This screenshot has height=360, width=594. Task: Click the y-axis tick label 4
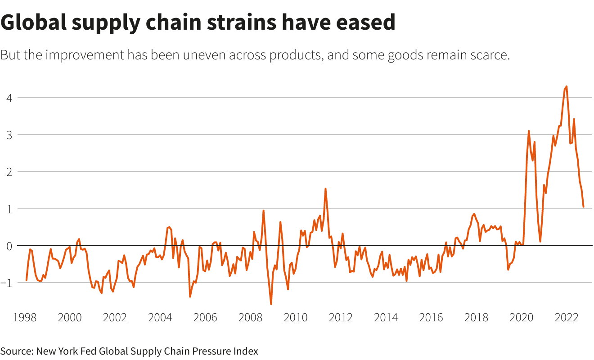[7, 98]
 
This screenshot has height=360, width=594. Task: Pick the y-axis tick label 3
[7, 135]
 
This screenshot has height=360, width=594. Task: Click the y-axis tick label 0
[7, 246]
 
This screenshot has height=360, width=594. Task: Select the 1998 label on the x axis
[24, 317]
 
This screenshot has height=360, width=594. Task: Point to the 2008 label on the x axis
[250, 317]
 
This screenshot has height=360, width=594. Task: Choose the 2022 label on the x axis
[566, 317]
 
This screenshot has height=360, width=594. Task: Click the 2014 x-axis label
[386, 317]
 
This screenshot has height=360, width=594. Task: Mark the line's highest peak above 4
[566, 86]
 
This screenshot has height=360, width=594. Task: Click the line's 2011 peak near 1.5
[325, 189]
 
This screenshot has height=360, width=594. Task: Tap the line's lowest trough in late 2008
[271, 304]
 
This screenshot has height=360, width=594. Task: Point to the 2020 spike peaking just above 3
[529, 131]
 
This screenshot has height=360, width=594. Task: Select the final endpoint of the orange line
[583, 207]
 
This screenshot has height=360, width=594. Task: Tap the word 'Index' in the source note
[247, 351]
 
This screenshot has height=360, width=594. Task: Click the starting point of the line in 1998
[27, 280]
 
